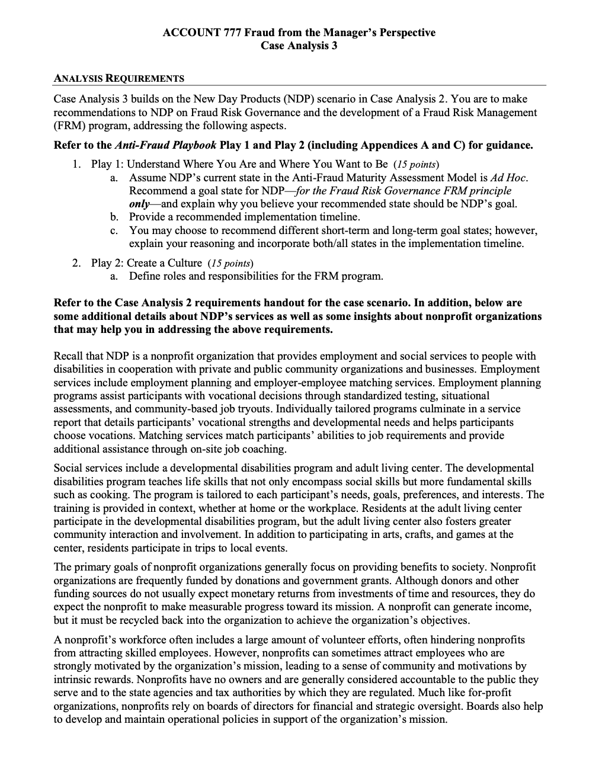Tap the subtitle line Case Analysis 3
(x=299, y=46)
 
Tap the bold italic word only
(x=139, y=204)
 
